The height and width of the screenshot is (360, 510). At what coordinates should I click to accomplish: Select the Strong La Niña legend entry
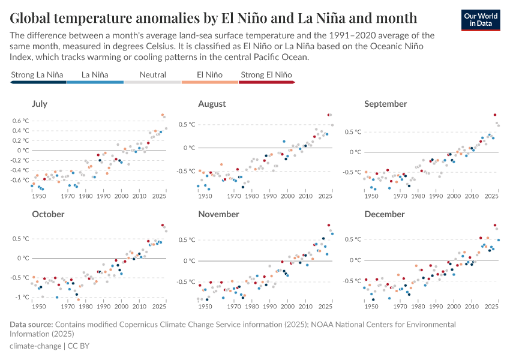tap(37, 75)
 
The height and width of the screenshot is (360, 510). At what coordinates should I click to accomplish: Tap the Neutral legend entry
tap(152, 75)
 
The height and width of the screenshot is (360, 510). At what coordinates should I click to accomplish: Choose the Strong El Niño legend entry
tap(266, 75)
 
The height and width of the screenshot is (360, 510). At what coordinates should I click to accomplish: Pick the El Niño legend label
tap(209, 75)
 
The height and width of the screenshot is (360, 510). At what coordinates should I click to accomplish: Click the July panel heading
tap(39, 104)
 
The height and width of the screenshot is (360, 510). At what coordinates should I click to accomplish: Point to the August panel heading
tap(212, 104)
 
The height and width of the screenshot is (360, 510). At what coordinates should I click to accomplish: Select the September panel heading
tap(385, 104)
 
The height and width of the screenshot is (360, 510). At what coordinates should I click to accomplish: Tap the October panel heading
tap(44, 214)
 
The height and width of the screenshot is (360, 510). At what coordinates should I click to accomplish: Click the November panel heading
tap(218, 214)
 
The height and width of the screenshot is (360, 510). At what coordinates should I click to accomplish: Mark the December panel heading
tap(385, 214)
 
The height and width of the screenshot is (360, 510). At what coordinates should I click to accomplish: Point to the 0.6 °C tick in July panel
tap(22, 121)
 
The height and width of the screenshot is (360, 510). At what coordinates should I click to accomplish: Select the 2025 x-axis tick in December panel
tap(491, 307)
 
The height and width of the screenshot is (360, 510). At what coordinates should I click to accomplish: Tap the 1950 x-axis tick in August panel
tap(205, 196)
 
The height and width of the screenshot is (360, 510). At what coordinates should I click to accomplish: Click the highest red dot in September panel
tap(495, 115)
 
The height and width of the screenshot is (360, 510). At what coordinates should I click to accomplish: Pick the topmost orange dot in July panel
tap(163, 115)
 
